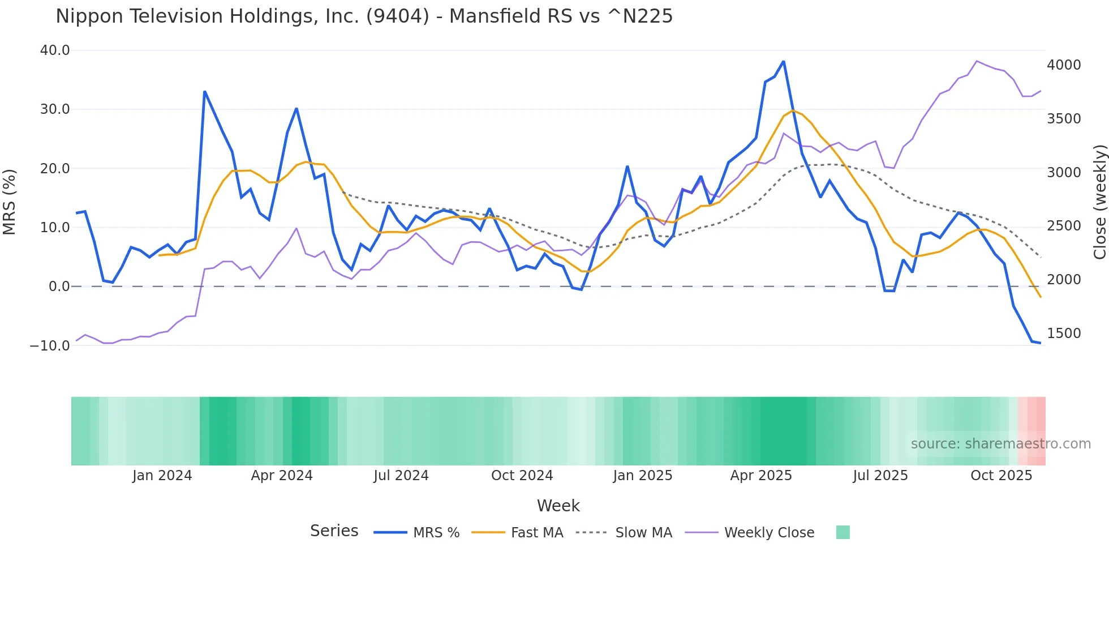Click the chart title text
point(364,16)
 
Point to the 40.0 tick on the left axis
point(55,50)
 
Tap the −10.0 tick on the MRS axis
point(50,345)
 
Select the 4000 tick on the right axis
point(1064,65)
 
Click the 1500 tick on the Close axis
point(1064,334)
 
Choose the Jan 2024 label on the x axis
point(162,476)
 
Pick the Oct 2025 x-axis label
point(1001,476)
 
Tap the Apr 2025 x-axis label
point(761,476)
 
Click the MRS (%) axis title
point(10,202)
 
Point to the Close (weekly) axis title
point(1099,202)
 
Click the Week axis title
point(558,506)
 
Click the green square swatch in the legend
point(843,532)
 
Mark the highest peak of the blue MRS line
point(784,61)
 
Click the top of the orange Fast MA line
point(793,110)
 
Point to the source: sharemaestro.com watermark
point(1000,444)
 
